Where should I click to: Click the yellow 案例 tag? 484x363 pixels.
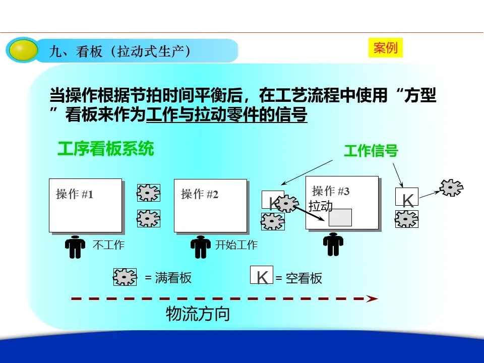(386, 48)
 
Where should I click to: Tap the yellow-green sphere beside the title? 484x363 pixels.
(22, 50)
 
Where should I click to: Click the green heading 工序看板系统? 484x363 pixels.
(105, 149)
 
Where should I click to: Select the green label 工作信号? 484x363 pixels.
(371, 151)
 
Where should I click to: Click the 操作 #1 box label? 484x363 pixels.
(75, 194)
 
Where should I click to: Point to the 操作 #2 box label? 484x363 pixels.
(200, 194)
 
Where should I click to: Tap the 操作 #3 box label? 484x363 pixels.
(331, 191)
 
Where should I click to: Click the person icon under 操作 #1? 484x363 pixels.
(75, 247)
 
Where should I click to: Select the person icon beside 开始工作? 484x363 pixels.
(201, 247)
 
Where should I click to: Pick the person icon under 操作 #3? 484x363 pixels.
(333, 245)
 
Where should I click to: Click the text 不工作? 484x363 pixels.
(108, 245)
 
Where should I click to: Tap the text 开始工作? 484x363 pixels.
(236, 245)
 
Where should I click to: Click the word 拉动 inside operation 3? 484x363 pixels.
(321, 206)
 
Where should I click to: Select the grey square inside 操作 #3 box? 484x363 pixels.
(340, 217)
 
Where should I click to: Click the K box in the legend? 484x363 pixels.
(262, 275)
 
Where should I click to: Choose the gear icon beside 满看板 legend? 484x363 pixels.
(125, 277)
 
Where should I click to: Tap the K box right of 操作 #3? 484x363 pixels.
(407, 197)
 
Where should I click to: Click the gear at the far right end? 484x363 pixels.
(451, 188)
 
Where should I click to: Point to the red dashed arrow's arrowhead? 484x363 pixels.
(372, 298)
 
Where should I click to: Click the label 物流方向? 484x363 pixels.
(198, 314)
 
